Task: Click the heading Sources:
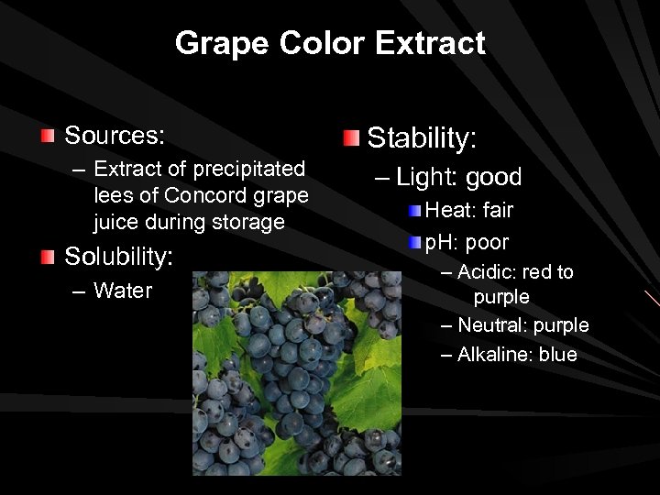pos(115,137)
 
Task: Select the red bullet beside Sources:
pos(48,137)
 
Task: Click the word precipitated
pos(244,169)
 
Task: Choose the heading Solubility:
pos(118,257)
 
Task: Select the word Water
pos(123,291)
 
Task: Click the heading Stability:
pos(422,138)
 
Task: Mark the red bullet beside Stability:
pos(351,138)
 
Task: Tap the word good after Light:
pos(493,177)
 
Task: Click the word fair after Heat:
pos(498,210)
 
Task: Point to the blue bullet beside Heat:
pos(415,211)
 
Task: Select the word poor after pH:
pos(486,243)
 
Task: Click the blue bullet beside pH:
pos(415,244)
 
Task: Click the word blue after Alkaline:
pos(558,355)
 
